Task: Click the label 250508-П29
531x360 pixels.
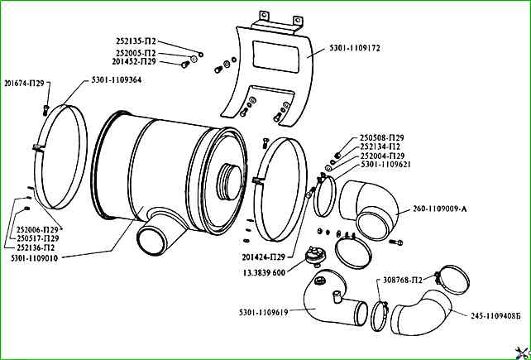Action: click(x=383, y=137)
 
